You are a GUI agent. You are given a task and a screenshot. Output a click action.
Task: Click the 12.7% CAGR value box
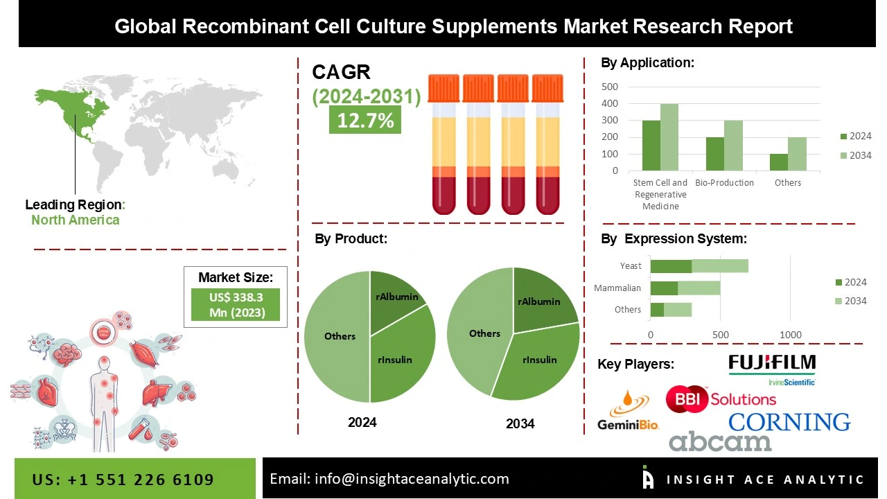click(x=365, y=120)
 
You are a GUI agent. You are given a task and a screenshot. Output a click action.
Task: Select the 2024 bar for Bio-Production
click(x=715, y=154)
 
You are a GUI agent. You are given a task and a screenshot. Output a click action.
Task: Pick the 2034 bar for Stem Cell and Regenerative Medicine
click(x=669, y=137)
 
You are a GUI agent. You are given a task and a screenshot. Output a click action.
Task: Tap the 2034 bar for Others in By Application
click(x=798, y=154)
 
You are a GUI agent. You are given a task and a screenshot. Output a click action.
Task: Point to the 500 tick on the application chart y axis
click(x=610, y=87)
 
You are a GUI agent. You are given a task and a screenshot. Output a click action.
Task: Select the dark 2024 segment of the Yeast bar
click(x=671, y=266)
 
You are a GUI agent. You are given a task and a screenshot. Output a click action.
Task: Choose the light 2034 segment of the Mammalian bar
click(x=699, y=288)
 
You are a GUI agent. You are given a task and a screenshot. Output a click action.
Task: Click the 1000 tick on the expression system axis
click(x=791, y=335)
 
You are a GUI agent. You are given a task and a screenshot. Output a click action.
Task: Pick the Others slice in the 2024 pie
click(x=337, y=336)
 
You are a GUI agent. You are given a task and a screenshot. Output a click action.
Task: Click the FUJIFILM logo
click(x=772, y=363)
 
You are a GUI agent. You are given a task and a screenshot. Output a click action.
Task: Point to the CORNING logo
click(x=789, y=421)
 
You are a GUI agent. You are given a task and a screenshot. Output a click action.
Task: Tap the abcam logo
click(x=720, y=441)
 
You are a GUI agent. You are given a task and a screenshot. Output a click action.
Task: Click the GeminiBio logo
click(x=628, y=412)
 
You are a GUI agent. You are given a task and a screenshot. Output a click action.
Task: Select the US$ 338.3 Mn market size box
click(x=236, y=305)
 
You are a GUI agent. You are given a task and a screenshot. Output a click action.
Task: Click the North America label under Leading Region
click(x=75, y=220)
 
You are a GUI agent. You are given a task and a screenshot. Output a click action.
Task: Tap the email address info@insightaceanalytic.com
click(x=389, y=479)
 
